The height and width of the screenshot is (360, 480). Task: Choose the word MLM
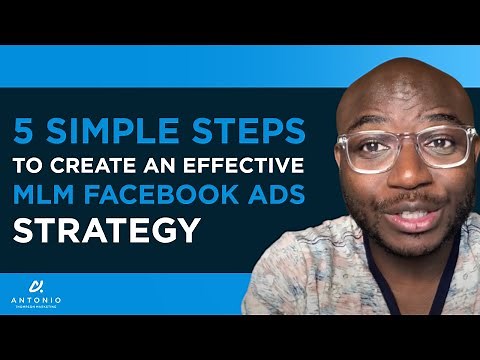[x=48, y=197]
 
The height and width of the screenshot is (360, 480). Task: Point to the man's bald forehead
[x=400, y=90]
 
